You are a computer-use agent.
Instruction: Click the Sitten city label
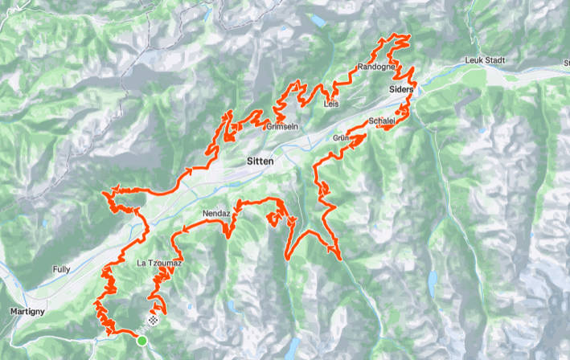(260, 162)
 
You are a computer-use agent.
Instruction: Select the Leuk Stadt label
(486, 61)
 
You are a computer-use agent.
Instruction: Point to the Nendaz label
(216, 214)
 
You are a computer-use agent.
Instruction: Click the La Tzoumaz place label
(155, 262)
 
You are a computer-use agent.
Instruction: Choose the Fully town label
(61, 269)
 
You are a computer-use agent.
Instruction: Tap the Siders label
(400, 89)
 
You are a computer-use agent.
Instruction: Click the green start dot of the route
(142, 342)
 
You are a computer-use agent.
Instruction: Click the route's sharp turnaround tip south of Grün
(341, 259)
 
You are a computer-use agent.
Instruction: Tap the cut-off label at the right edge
(566, 61)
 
